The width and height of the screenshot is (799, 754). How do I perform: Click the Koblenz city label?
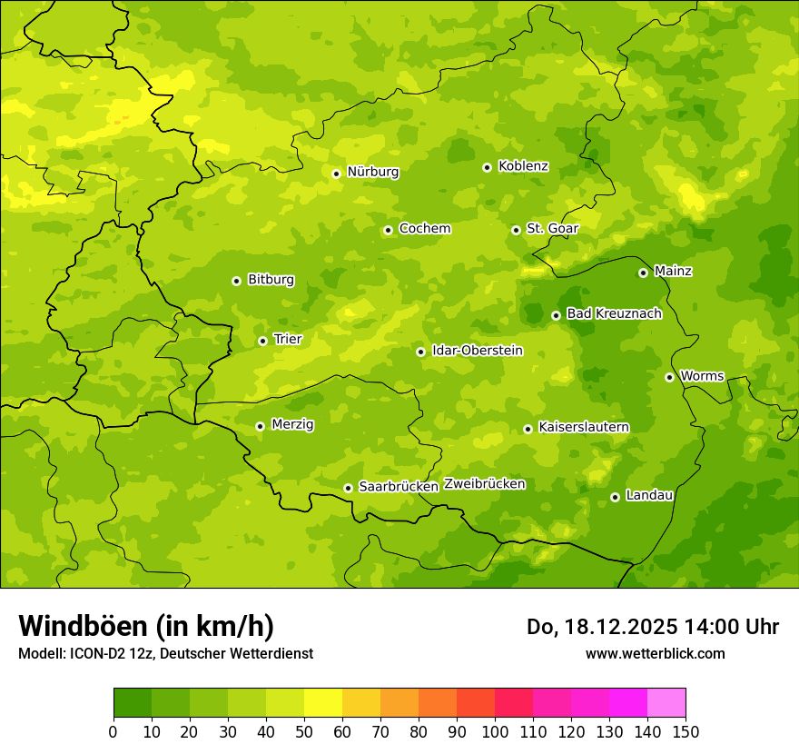pyautogui.click(x=523, y=166)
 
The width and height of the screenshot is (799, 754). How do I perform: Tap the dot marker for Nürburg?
pyautogui.click(x=336, y=174)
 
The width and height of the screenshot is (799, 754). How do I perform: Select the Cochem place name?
pyautogui.click(x=424, y=229)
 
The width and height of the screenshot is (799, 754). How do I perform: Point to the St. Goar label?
pyautogui.click(x=552, y=229)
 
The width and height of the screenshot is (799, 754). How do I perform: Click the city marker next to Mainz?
pyautogui.click(x=643, y=273)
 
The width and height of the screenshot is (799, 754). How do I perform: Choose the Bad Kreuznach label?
pyautogui.click(x=614, y=314)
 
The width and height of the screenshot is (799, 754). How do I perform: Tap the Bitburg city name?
pyautogui.click(x=271, y=280)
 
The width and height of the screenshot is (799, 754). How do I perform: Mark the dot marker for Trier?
pyautogui.click(x=262, y=342)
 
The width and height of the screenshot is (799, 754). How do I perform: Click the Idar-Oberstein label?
pyautogui.click(x=478, y=351)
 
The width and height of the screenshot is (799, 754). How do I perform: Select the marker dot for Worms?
pyautogui.click(x=669, y=377)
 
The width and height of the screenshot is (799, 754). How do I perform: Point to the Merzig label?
pyautogui.click(x=292, y=425)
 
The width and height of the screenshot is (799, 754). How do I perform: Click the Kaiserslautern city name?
pyautogui.click(x=584, y=428)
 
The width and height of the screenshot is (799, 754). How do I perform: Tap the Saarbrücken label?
pyautogui.click(x=399, y=487)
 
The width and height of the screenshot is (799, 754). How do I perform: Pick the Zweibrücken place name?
pyautogui.click(x=485, y=484)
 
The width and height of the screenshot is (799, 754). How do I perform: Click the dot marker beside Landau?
pyautogui.click(x=615, y=497)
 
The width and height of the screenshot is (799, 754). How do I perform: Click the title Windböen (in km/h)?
pyautogui.click(x=146, y=627)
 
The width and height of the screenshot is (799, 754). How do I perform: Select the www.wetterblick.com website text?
pyautogui.click(x=655, y=654)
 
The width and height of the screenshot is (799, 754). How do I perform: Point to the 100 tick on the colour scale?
pyautogui.click(x=495, y=732)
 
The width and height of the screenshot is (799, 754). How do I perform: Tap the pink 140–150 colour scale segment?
pyautogui.click(x=666, y=703)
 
